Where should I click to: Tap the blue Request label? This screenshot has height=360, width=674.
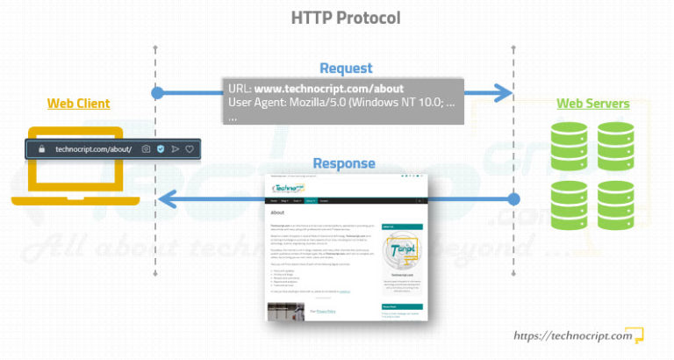(346, 68)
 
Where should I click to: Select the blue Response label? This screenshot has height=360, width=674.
(344, 163)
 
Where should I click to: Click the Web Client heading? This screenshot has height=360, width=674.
(78, 104)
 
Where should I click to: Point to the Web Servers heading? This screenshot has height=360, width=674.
(592, 104)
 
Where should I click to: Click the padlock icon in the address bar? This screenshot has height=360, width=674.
(40, 149)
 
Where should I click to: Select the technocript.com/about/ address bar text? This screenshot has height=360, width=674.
(92, 149)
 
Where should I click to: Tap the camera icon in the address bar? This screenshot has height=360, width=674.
(146, 149)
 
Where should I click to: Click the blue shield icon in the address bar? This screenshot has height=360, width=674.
(161, 149)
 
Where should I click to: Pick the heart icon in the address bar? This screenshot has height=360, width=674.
(189, 149)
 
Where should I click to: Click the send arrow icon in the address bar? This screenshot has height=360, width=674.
(175, 149)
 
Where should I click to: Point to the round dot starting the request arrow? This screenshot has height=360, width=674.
(157, 92)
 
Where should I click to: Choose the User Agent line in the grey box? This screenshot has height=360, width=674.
(341, 104)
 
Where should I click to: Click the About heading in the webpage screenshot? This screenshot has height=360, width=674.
(276, 212)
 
